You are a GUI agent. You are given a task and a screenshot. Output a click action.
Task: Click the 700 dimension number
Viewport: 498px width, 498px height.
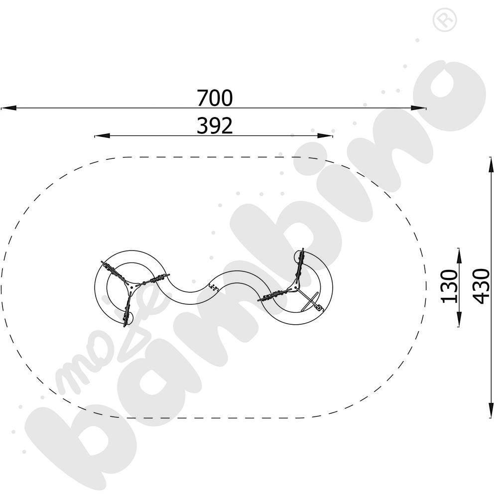pos(215,98)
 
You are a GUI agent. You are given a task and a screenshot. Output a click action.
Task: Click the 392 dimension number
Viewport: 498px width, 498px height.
pos(215,125)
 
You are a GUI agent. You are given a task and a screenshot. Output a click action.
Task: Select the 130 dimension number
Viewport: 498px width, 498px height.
pos(449,286)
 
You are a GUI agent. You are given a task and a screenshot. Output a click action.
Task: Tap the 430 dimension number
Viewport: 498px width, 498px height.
pos(481,286)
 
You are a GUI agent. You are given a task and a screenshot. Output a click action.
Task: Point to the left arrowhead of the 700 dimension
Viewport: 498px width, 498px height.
pos(8,108)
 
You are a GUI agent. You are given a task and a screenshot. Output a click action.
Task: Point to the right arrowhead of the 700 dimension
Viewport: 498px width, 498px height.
pos(419,108)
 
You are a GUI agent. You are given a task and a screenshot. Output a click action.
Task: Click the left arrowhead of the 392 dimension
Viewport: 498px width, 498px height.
pos(102,136)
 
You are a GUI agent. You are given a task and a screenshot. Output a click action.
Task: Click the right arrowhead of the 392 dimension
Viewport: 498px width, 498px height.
pos(325,136)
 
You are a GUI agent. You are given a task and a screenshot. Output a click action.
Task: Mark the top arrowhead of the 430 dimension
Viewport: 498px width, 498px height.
pos(491,164)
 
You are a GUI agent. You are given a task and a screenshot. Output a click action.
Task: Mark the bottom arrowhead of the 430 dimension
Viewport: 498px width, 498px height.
pos(491,410)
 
